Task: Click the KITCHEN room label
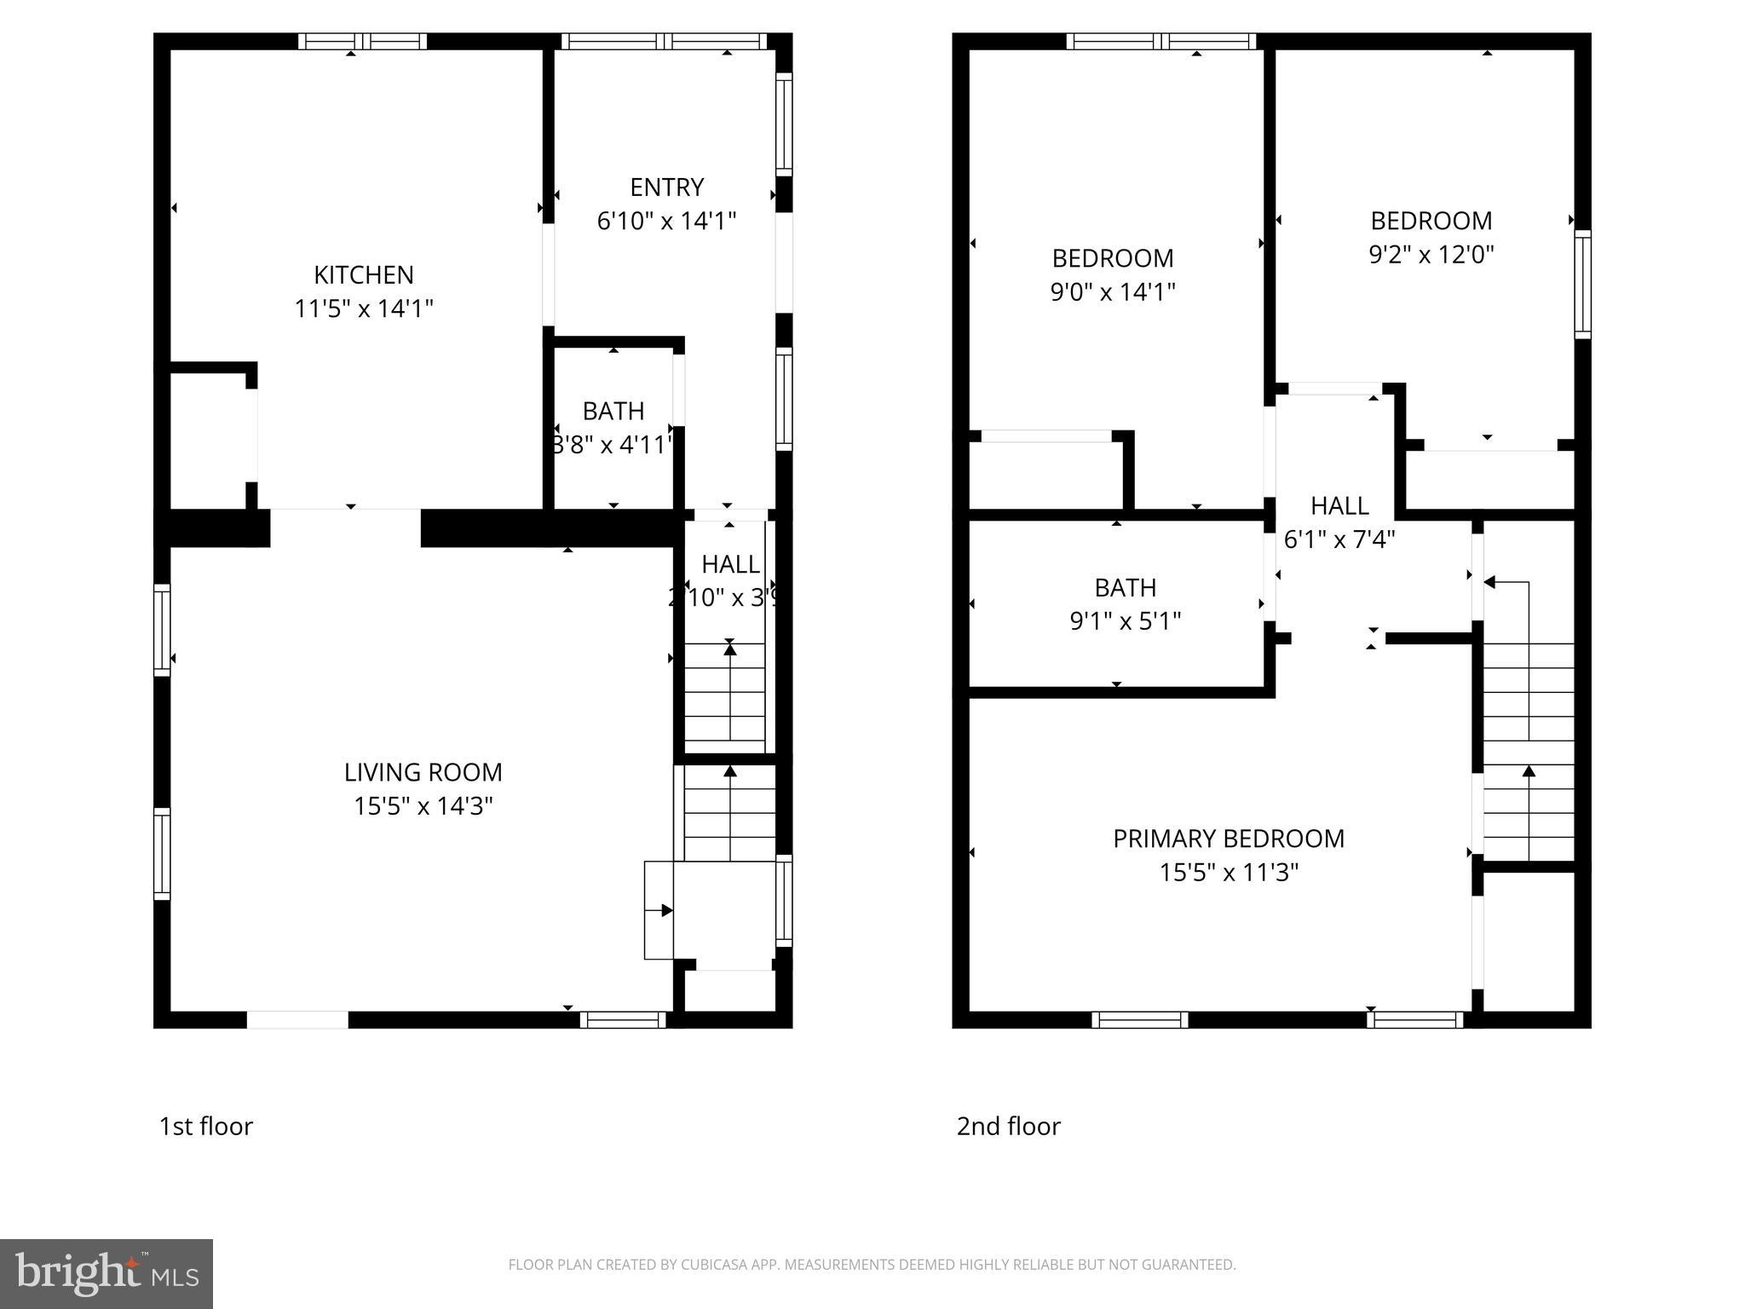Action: (364, 274)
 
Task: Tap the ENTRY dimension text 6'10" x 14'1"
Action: (666, 222)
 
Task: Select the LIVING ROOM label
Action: (423, 772)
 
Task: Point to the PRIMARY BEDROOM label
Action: (1229, 839)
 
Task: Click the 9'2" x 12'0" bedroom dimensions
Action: (1431, 255)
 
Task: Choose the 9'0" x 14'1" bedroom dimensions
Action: (1113, 292)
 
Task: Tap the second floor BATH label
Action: (1125, 588)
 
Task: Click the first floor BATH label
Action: (613, 411)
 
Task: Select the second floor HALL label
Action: (1339, 506)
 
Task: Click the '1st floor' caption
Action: (206, 1127)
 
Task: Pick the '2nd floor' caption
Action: (1009, 1127)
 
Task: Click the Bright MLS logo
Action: (107, 1274)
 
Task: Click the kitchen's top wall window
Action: (363, 41)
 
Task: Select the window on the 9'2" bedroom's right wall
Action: (1582, 284)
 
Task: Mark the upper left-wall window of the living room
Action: (161, 630)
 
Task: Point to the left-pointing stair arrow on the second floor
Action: (1491, 582)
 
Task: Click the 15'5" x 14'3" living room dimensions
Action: (423, 806)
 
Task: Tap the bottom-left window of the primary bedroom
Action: (1140, 1019)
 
